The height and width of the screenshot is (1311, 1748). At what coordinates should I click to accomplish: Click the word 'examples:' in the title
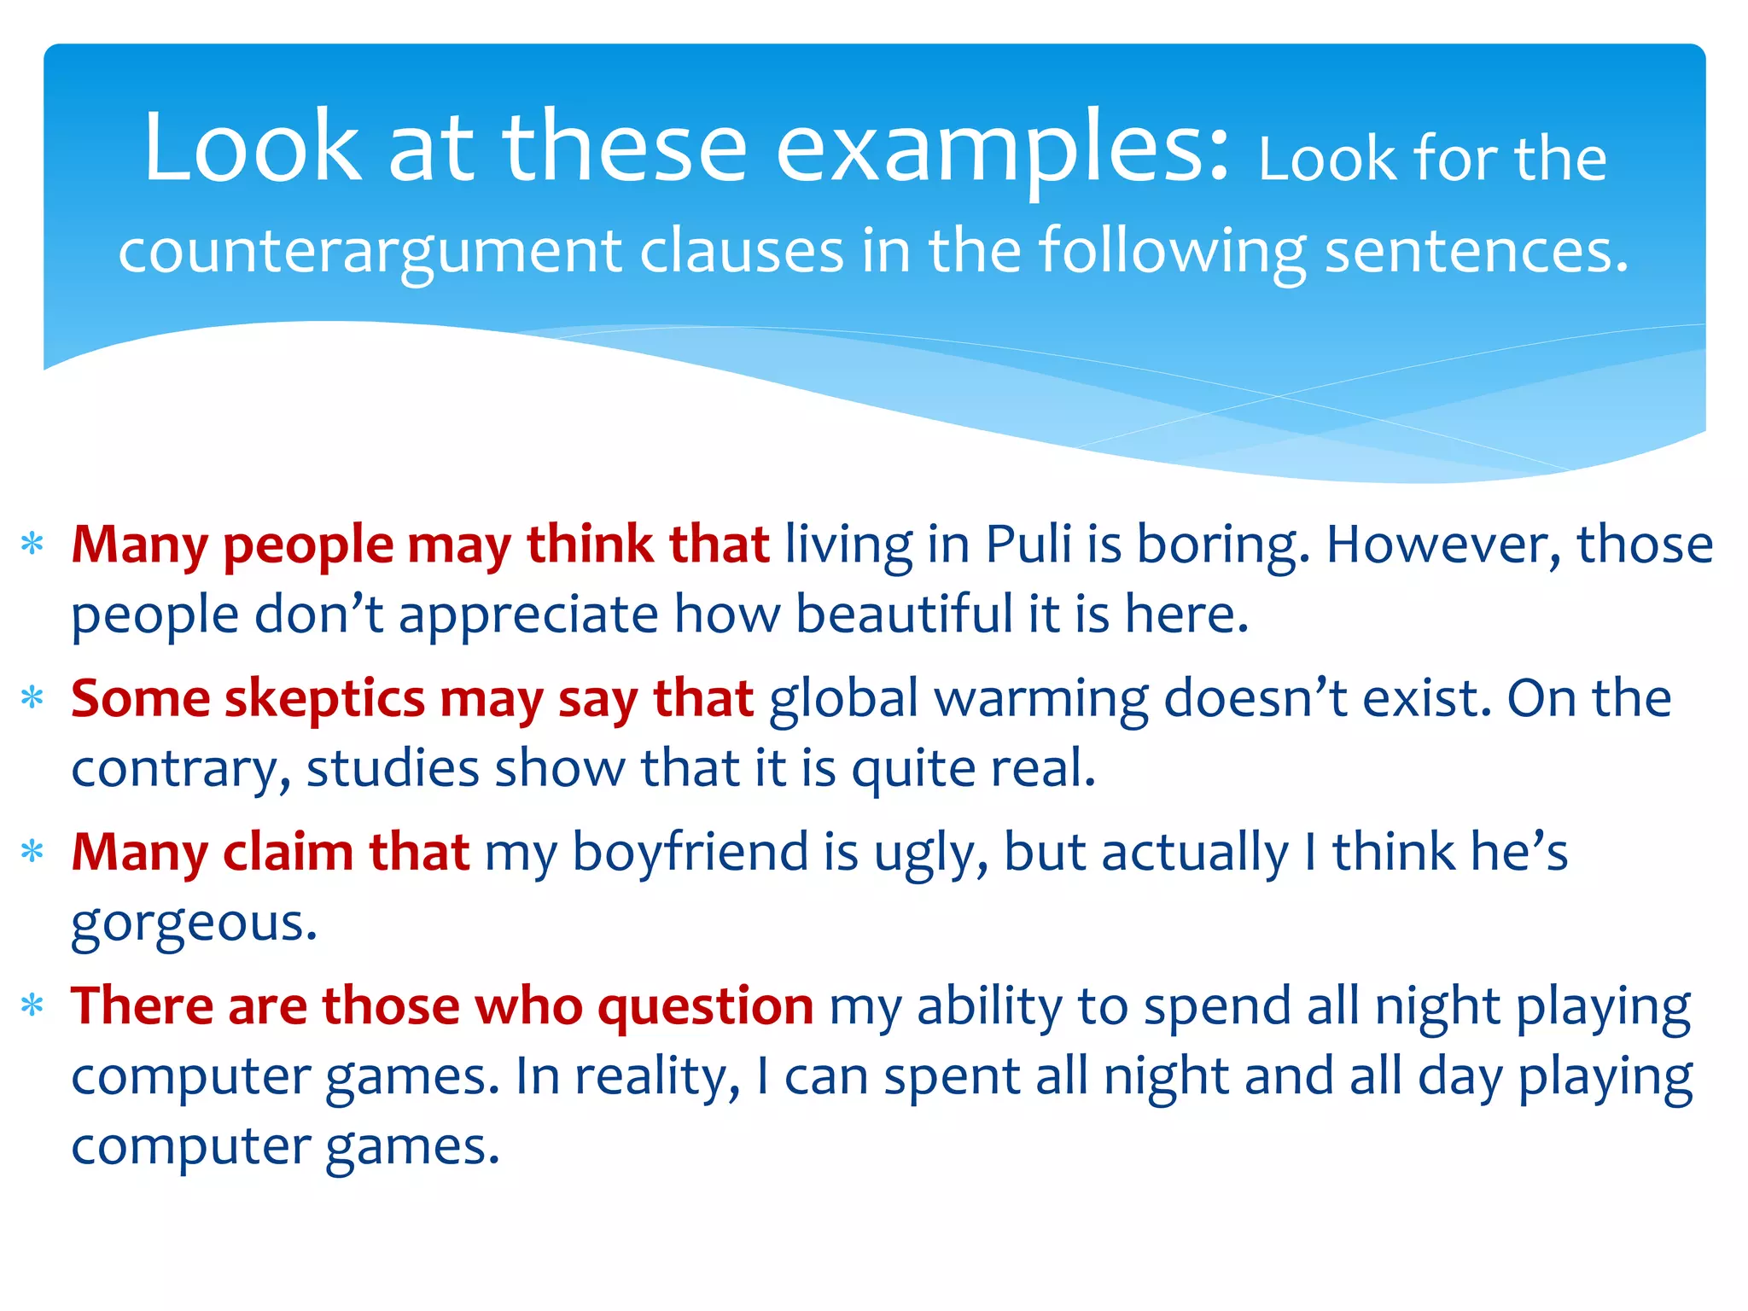pyautogui.click(x=1002, y=149)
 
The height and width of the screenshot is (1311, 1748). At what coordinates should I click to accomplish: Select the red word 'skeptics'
pyautogui.click(x=324, y=700)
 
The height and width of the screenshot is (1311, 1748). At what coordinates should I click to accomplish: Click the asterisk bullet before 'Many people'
pyautogui.click(x=32, y=544)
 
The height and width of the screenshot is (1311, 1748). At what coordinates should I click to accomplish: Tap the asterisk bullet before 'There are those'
pyautogui.click(x=32, y=1005)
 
